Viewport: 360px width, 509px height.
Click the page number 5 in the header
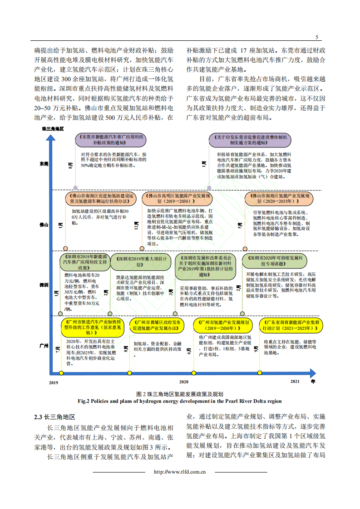pos(317,37)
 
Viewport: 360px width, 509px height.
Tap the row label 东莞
pos(44,164)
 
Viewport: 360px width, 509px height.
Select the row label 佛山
pos(44,224)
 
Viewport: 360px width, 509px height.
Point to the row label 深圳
pos(44,285)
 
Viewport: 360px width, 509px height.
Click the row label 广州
pos(44,345)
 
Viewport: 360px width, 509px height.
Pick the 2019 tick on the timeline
pos(54,382)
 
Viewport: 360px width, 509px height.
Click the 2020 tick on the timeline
pos(183,382)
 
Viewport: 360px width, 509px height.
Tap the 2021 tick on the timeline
pos(295,382)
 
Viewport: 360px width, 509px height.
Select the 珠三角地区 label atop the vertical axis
pos(54,129)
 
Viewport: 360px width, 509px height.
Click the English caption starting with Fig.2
pos(180,401)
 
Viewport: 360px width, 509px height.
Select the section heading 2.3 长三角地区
pos(54,417)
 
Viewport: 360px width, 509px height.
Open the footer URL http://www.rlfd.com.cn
pos(180,472)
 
